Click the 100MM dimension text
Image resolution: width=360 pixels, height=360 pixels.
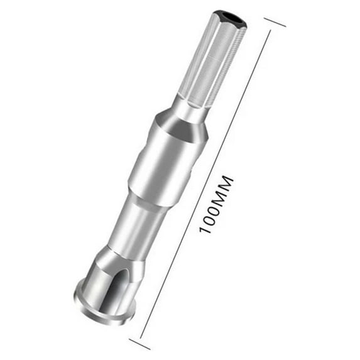tap(216, 205)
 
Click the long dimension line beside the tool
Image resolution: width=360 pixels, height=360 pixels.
tap(205, 184)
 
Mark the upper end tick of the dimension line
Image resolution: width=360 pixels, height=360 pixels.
tap(275, 22)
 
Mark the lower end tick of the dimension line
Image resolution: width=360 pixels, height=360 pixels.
tap(140, 344)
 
